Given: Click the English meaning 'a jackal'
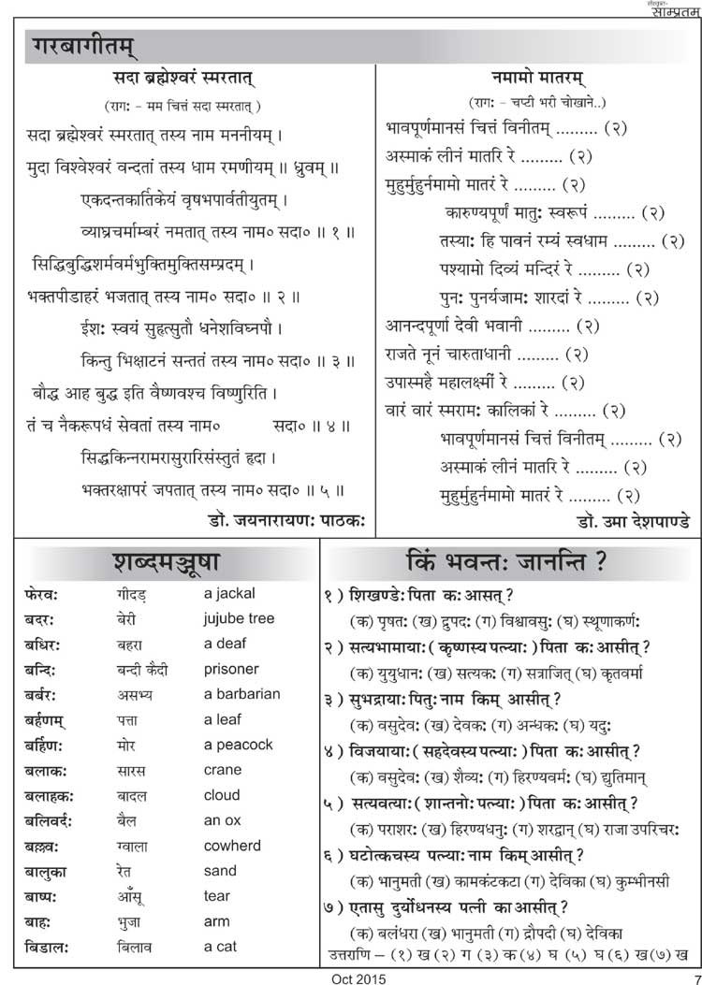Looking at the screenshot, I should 229,593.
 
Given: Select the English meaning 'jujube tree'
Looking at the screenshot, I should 239,618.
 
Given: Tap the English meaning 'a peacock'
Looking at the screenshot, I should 239,745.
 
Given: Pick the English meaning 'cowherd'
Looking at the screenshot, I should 232,846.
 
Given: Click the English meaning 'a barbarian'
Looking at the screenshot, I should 241,694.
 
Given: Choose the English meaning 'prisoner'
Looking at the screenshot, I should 231,669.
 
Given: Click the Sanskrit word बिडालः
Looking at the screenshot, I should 47,947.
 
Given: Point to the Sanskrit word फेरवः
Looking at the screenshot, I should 43,594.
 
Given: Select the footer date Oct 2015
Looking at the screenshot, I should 358,977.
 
